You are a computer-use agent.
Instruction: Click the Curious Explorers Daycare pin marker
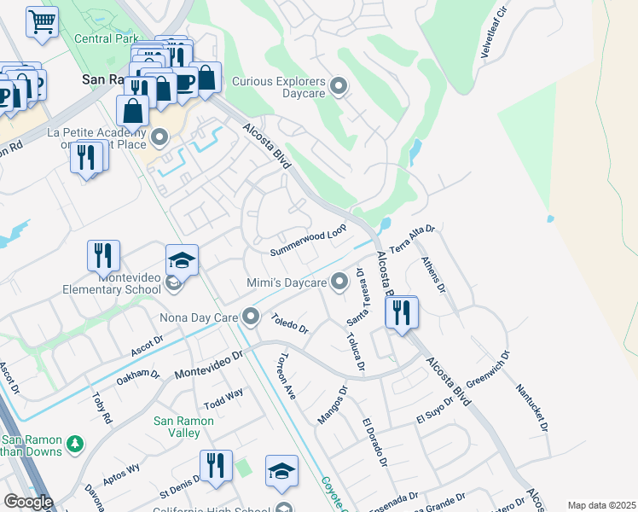tap(339, 85)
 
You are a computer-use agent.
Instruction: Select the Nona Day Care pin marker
tap(251, 317)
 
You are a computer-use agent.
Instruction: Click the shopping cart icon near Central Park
tap(42, 21)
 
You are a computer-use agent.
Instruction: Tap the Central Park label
tap(106, 38)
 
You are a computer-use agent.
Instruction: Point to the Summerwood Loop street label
tap(308, 241)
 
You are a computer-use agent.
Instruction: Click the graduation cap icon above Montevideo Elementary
tap(183, 259)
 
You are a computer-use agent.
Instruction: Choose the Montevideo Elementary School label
tap(111, 283)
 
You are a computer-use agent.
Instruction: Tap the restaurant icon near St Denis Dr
tap(216, 466)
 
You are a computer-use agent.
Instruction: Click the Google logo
tap(28, 502)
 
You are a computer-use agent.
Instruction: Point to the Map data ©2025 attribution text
tap(600, 505)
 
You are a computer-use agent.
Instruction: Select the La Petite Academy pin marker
tap(159, 137)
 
